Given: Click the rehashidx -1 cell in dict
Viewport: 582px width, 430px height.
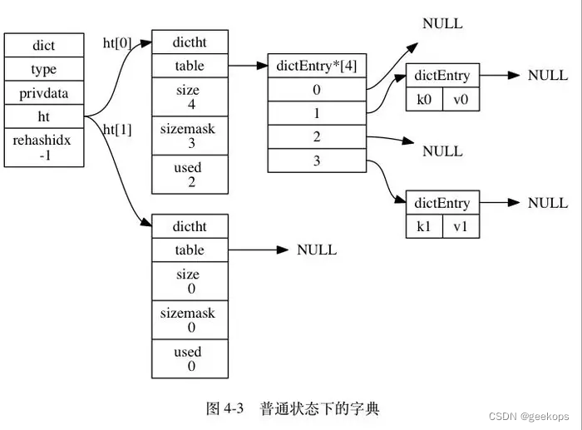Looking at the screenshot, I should (42, 147).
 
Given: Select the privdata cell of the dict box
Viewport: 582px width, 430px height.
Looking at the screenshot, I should (42, 93).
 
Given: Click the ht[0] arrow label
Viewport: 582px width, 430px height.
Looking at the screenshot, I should (117, 42).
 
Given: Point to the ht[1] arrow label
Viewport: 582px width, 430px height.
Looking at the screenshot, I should (117, 130).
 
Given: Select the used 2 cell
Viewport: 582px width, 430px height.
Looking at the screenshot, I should (189, 175).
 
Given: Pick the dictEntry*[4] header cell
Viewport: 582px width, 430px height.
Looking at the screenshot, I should (317, 66).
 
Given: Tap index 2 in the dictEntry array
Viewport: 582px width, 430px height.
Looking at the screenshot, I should (317, 137).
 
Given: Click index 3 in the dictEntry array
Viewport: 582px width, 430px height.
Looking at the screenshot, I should (317, 161).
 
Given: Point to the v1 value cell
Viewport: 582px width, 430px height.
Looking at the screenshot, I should (461, 225).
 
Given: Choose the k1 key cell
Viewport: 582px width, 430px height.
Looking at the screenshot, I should (424, 225).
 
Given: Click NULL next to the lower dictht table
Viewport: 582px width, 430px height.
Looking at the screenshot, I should (317, 250).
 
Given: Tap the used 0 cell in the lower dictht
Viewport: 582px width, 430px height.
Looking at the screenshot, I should (189, 359).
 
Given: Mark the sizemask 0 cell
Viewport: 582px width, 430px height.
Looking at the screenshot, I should (189, 320).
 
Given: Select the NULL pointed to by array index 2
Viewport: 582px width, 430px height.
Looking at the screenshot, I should (442, 151).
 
